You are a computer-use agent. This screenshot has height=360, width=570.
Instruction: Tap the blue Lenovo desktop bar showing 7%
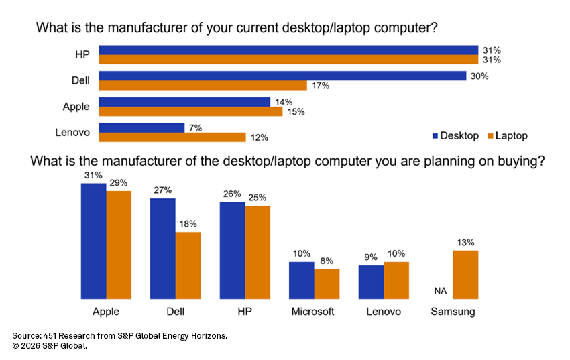click(141, 127)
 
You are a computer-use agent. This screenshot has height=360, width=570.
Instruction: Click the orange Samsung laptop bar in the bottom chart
click(465, 274)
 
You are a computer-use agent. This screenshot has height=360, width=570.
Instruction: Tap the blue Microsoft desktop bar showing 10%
click(301, 280)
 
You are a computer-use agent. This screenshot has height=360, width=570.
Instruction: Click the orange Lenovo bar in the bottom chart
click(396, 280)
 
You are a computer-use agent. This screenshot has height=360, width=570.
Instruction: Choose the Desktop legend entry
click(454, 136)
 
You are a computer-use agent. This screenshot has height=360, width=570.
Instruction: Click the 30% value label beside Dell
click(479, 76)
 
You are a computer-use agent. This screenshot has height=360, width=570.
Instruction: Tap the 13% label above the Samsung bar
click(465, 243)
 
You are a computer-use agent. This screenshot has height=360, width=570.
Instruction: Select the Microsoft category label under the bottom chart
click(312, 312)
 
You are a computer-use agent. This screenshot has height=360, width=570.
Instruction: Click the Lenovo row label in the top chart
click(72, 132)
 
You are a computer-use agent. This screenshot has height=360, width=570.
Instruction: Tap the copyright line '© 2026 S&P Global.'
click(50, 346)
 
